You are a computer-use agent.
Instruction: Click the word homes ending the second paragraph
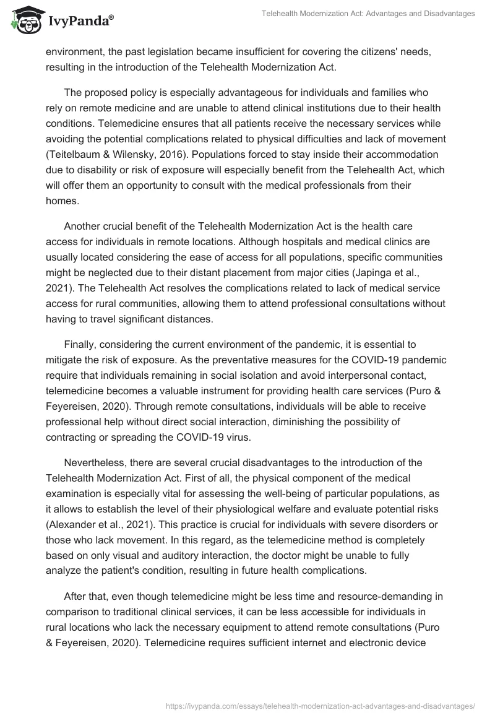click(61, 199)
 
